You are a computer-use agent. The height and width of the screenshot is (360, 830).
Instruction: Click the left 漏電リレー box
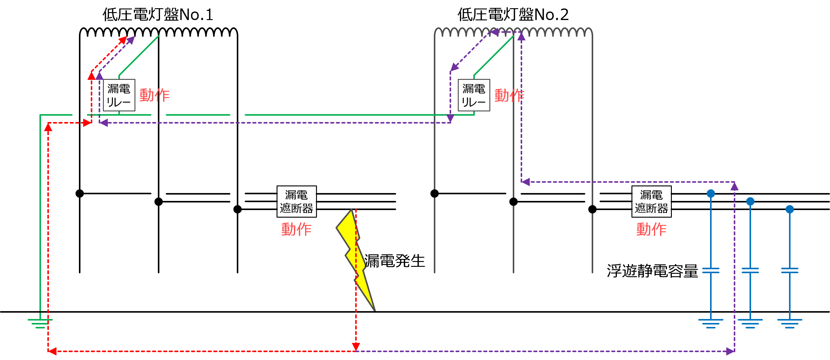click(x=119, y=95)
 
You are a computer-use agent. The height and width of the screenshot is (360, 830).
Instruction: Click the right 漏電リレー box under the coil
click(x=474, y=95)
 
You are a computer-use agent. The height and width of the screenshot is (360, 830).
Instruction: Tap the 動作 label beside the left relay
click(x=154, y=95)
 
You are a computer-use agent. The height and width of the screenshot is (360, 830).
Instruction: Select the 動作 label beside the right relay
click(x=509, y=95)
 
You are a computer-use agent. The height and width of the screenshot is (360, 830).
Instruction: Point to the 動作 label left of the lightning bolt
click(x=296, y=229)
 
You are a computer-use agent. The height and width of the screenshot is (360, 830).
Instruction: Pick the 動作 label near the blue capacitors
click(x=651, y=229)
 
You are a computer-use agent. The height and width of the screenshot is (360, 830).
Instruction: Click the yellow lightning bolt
click(x=354, y=255)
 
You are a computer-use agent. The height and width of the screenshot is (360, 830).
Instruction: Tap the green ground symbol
click(x=40, y=323)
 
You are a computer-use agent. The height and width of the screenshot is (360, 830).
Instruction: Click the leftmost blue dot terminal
click(x=711, y=193)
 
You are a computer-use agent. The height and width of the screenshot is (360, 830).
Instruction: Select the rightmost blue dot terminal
click(x=790, y=209)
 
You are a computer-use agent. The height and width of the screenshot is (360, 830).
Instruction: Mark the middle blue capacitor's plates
click(x=750, y=270)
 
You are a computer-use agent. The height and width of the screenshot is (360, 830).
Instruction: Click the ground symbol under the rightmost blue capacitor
click(x=790, y=323)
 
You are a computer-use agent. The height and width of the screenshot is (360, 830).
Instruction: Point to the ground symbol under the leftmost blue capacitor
click(x=711, y=323)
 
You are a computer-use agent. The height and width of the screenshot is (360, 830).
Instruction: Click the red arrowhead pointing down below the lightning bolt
click(x=356, y=347)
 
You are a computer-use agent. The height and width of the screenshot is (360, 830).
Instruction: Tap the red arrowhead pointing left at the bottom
click(x=53, y=351)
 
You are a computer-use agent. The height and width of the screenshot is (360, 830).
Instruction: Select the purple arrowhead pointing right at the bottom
click(x=730, y=351)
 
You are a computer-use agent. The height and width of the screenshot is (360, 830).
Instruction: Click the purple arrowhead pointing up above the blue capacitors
click(x=734, y=186)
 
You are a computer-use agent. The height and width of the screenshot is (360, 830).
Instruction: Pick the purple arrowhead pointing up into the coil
click(x=521, y=37)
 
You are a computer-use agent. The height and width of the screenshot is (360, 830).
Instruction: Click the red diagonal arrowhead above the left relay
click(x=123, y=40)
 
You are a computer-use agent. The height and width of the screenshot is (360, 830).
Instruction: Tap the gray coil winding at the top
click(x=513, y=32)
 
